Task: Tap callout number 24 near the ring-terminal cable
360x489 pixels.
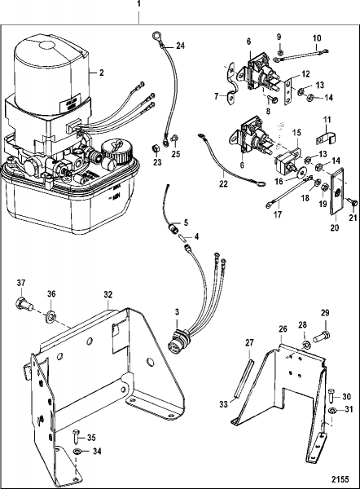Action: click(180, 46)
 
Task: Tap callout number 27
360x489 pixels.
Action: click(250, 343)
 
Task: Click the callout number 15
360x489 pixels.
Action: click(297, 132)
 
